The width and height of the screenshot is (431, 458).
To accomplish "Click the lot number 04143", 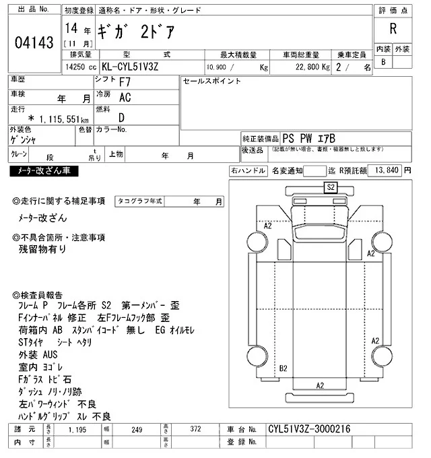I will point(34,43).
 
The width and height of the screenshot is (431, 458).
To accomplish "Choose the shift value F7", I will point(125,83).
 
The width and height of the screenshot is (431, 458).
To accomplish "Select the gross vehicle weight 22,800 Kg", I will point(308,68).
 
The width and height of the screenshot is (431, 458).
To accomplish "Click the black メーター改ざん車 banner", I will point(44,172).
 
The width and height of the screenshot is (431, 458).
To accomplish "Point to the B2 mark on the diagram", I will point(283,368).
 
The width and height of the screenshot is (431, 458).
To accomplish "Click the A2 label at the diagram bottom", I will point(321,385).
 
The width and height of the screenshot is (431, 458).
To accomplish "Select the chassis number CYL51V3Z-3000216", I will point(309,429).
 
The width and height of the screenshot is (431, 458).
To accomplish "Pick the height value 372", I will point(195,429).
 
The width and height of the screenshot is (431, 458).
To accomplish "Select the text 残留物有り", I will point(42,249).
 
